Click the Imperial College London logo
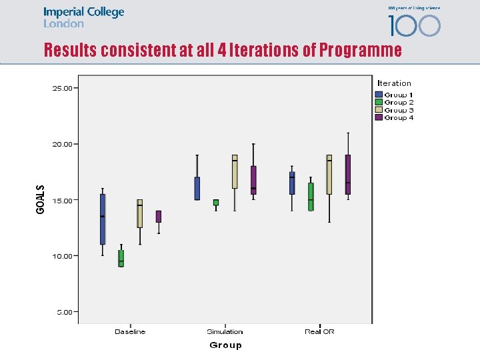point(83,17)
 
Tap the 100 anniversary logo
point(414,22)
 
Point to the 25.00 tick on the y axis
point(64,87)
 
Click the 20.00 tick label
point(64,143)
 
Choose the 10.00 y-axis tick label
point(64,255)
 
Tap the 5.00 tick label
point(66,311)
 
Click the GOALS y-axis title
point(41,199)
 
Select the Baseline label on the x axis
point(130,331)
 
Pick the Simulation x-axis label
point(225,331)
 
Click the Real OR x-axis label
point(319,331)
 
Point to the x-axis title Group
point(225,345)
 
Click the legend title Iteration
point(394,83)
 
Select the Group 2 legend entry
point(399,103)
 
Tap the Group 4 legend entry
point(399,118)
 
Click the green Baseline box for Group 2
point(121,258)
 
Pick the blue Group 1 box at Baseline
point(103,219)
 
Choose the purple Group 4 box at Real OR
point(348,175)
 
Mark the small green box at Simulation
point(216,202)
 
